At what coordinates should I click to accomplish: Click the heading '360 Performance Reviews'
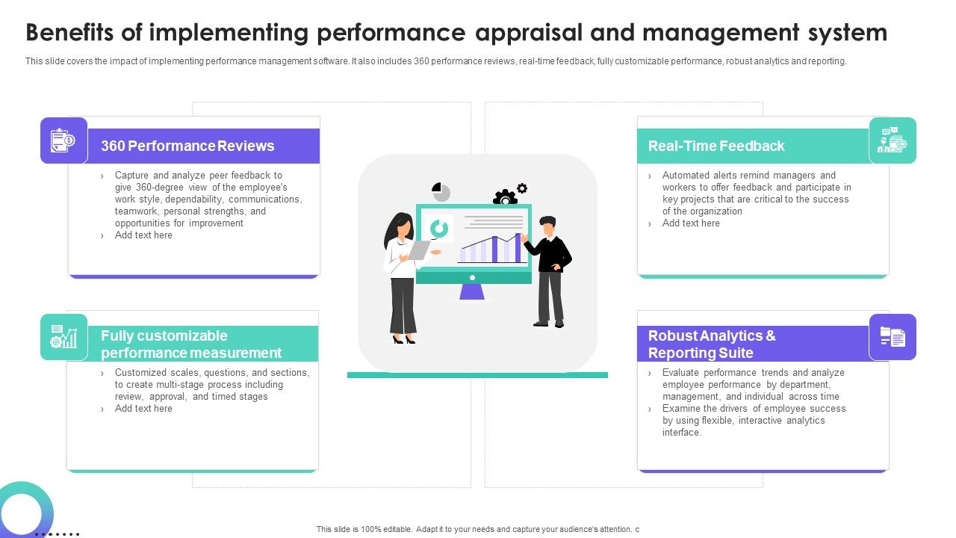(x=187, y=146)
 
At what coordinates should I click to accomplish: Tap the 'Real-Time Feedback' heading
(x=716, y=146)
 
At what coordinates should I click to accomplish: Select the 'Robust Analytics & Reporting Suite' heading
(x=711, y=344)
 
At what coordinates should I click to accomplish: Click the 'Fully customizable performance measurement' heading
(x=190, y=344)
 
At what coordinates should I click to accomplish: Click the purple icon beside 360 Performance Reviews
(x=63, y=140)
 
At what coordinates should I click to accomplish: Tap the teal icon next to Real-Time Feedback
(x=892, y=140)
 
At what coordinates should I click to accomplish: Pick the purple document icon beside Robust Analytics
(x=892, y=337)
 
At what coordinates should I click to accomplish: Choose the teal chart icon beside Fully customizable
(x=63, y=337)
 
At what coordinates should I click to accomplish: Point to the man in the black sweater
(x=550, y=270)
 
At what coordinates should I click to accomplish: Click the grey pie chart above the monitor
(x=441, y=192)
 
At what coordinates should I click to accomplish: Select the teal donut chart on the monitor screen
(x=440, y=229)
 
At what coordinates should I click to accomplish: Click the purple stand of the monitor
(x=472, y=291)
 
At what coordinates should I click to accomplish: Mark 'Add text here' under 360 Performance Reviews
(x=143, y=235)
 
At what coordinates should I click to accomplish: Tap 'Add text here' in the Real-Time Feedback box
(x=691, y=223)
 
